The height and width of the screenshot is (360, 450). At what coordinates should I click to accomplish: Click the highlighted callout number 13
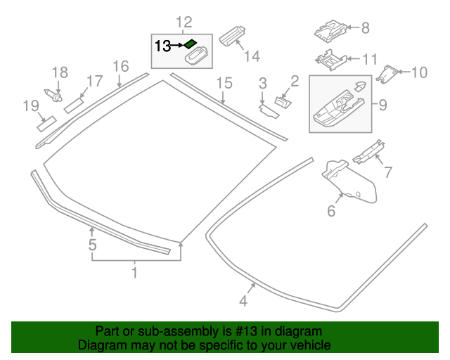tap(162, 46)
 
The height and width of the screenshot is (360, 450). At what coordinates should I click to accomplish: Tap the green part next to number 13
tap(191, 44)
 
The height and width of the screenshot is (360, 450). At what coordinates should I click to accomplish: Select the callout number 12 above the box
tap(184, 22)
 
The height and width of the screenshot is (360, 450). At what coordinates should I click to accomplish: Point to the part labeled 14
tap(232, 34)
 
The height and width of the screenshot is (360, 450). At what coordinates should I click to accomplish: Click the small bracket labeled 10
tap(389, 72)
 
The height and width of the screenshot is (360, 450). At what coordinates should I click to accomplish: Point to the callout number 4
tap(243, 302)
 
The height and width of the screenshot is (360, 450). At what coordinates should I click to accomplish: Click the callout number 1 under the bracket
tap(136, 271)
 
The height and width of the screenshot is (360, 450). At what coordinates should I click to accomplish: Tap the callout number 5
tap(91, 245)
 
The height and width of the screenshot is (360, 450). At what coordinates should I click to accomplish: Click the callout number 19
tap(30, 106)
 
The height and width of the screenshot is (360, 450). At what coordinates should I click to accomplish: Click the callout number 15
tap(224, 83)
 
